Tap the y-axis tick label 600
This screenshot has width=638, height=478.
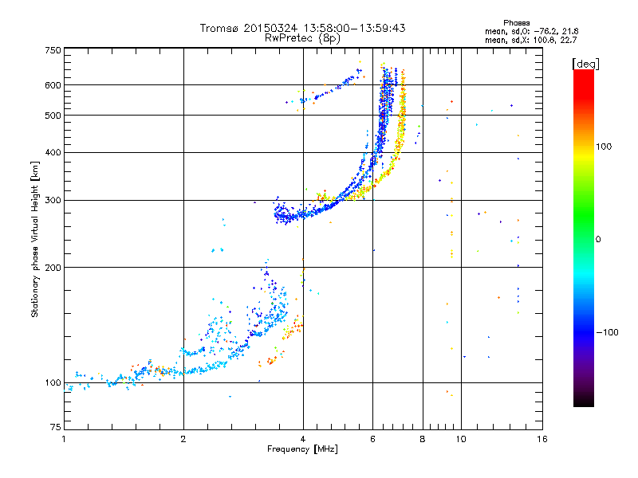click(53, 84)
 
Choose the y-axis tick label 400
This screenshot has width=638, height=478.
click(53, 152)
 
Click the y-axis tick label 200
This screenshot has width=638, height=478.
click(53, 267)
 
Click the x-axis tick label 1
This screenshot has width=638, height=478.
click(65, 439)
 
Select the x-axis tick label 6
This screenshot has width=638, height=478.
click(373, 439)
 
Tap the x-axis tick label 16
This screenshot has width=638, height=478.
click(542, 439)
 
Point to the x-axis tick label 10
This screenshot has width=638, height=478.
click(460, 439)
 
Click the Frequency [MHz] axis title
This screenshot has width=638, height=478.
click(302, 449)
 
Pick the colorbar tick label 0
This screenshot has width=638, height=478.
click(598, 239)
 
